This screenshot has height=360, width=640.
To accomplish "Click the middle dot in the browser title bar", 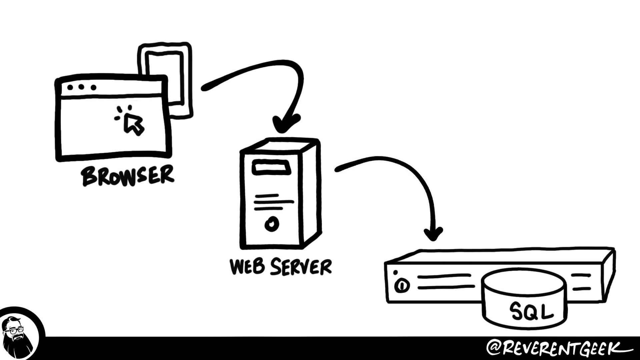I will pos(82,87).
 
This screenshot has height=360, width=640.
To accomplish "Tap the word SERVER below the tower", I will pos(301,267).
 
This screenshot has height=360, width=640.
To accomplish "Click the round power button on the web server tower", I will pos(271,224).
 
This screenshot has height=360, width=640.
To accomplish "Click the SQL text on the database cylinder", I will pos(531,312).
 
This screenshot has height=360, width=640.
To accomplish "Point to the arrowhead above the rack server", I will pos(433,233).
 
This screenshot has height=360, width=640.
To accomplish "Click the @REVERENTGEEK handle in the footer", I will pos(557,348).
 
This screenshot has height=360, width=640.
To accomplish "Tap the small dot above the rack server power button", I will pos(395,273).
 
